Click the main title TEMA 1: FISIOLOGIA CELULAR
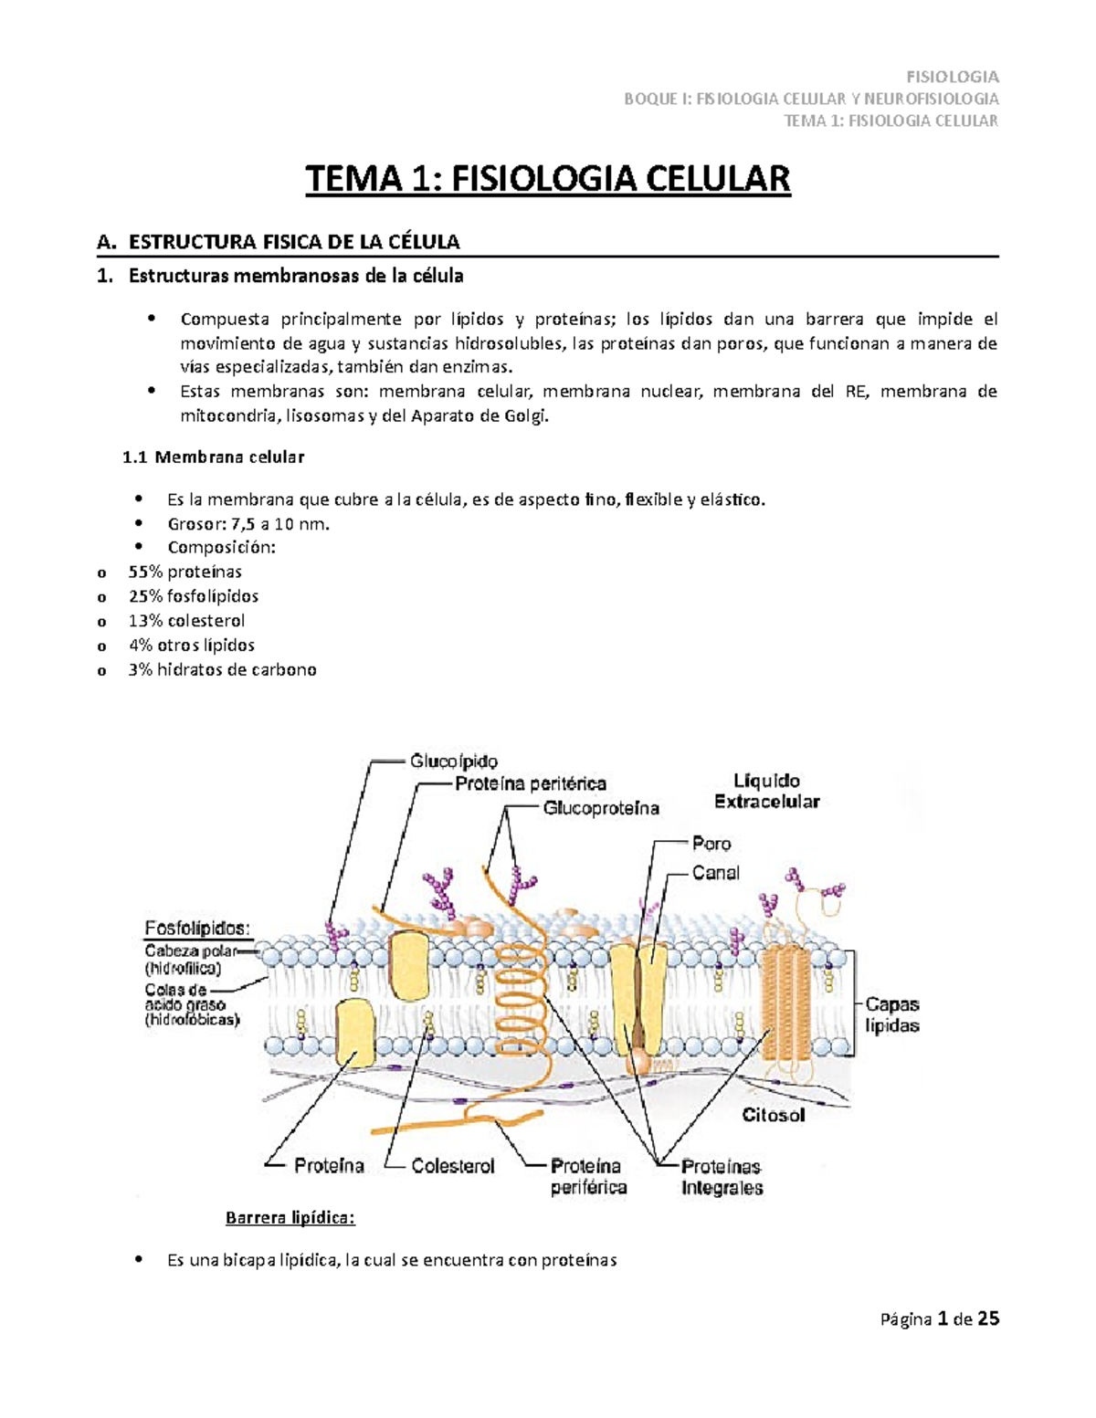click(547, 179)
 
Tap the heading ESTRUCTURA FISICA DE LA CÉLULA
click(293, 242)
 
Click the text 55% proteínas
click(185, 572)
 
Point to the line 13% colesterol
click(186, 620)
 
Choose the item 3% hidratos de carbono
click(223, 669)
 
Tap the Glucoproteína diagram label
click(601, 808)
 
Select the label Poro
click(711, 844)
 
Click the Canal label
click(715, 873)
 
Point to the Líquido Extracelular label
click(766, 791)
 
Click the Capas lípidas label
click(892, 1014)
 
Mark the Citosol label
click(774, 1115)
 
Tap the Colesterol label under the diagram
click(452, 1166)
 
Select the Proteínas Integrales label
click(722, 1177)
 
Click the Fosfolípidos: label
click(196, 929)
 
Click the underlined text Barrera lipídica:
click(290, 1218)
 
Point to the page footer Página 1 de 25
click(939, 1319)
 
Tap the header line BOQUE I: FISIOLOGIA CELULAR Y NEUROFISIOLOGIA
click(811, 99)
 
